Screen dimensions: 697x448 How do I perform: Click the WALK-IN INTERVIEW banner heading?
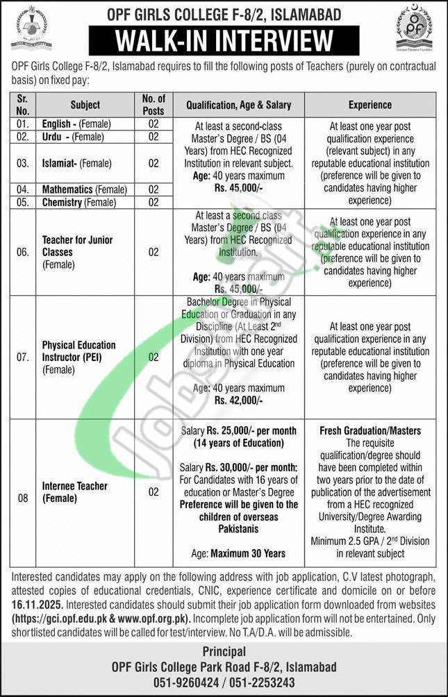(x=224, y=40)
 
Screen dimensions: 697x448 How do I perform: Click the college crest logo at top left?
(x=31, y=27)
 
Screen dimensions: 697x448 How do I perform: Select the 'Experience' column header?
(x=370, y=105)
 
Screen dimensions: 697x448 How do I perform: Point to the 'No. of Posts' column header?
(x=154, y=105)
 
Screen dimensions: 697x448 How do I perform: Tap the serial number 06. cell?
(x=23, y=251)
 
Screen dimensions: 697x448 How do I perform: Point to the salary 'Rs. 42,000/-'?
(x=238, y=401)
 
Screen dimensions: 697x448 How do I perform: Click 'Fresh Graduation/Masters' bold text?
(x=370, y=431)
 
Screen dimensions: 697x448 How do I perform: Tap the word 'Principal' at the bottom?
(x=224, y=651)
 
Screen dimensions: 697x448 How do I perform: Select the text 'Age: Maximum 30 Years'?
(x=239, y=553)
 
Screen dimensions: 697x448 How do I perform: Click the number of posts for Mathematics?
(x=154, y=189)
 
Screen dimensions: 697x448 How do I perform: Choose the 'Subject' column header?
(x=85, y=105)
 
